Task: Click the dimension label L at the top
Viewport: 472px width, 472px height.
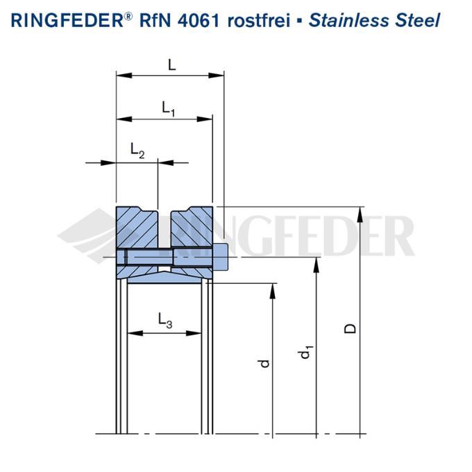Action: [x=172, y=65]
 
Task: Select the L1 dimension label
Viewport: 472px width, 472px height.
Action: [x=168, y=108]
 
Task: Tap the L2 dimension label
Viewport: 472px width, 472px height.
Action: [x=137, y=150]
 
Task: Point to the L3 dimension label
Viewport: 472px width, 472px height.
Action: [x=165, y=320]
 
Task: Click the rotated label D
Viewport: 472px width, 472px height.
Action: [x=350, y=328]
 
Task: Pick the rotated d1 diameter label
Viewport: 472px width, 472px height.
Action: [x=306, y=353]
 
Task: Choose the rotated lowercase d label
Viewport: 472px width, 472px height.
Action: [x=264, y=363]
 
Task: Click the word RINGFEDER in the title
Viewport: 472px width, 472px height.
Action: [x=67, y=21]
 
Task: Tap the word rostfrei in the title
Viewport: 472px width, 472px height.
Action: [x=259, y=21]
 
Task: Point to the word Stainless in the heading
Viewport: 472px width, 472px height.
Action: [x=349, y=21]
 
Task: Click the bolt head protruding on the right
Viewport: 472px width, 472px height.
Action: [x=221, y=257]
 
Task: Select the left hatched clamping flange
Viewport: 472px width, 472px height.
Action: [x=136, y=227]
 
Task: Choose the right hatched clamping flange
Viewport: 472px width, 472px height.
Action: [x=192, y=227]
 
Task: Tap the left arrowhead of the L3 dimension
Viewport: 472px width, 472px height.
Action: [x=135, y=333]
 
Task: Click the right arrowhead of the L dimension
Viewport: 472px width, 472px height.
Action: [x=216, y=75]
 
